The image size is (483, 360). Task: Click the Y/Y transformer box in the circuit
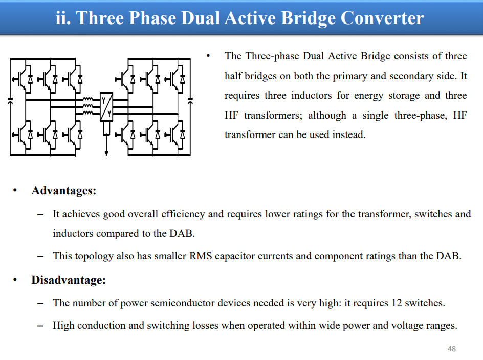pyautogui.click(x=106, y=107)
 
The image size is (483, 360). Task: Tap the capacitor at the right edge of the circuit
pyautogui.click(x=190, y=100)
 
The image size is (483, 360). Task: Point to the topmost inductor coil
pyautogui.click(x=88, y=99)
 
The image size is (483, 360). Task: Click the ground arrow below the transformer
pyautogui.click(x=106, y=153)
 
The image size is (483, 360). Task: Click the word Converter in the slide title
pyautogui.click(x=382, y=18)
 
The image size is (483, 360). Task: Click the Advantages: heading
pyautogui.click(x=64, y=191)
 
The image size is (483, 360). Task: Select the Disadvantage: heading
pyautogui.click(x=69, y=280)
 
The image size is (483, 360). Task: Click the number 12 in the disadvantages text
pyautogui.click(x=397, y=303)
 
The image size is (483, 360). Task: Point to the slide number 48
pyautogui.click(x=452, y=349)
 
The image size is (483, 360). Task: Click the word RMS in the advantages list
pyautogui.click(x=201, y=256)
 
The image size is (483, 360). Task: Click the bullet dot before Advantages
pyautogui.click(x=15, y=191)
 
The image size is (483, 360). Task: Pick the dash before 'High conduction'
pyautogui.click(x=40, y=326)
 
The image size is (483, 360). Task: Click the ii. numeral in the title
pyautogui.click(x=63, y=18)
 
